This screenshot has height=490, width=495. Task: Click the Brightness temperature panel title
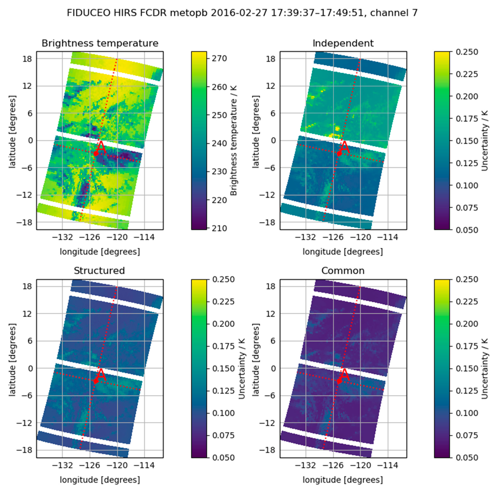pyautogui.click(x=100, y=43)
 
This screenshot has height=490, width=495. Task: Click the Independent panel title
pyautogui.click(x=343, y=43)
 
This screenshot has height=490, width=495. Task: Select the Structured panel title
pyautogui.click(x=99, y=271)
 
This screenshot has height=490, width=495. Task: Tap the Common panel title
pyautogui.click(x=343, y=271)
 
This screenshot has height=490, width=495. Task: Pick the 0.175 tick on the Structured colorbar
pyautogui.click(x=223, y=346)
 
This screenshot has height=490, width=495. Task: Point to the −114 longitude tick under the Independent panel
pyautogui.click(x=388, y=237)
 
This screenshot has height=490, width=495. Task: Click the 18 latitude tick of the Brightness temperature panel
pyautogui.click(x=27, y=59)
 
